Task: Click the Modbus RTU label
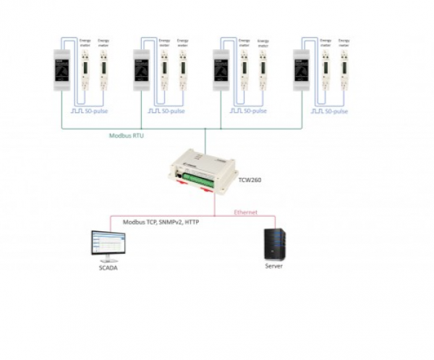124,135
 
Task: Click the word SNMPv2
169,223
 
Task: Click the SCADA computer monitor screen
106,243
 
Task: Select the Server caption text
274,266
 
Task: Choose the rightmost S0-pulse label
336,112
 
